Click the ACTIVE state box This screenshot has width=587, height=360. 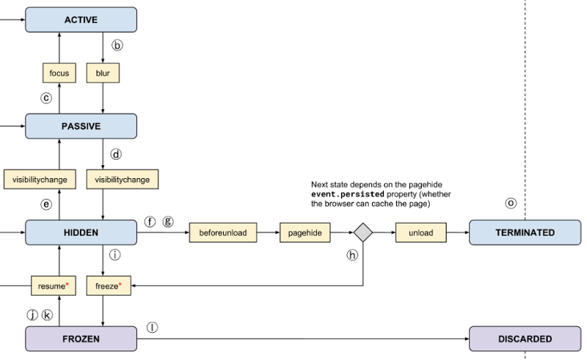81,20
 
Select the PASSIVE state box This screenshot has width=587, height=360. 81,126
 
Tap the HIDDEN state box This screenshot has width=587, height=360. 81,232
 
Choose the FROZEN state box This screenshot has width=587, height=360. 81,339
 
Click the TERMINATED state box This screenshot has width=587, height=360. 525,232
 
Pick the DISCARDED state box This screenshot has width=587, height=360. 525,339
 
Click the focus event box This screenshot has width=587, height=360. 59,73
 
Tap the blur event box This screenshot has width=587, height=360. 103,73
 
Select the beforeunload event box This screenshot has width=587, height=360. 224,232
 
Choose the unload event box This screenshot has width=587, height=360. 420,232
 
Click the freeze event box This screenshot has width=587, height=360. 109,285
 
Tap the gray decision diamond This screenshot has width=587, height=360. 363,232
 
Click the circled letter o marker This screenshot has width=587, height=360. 511,202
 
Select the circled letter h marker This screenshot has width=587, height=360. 352,255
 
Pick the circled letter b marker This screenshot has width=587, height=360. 117,45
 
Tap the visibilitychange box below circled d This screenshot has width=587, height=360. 123,179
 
